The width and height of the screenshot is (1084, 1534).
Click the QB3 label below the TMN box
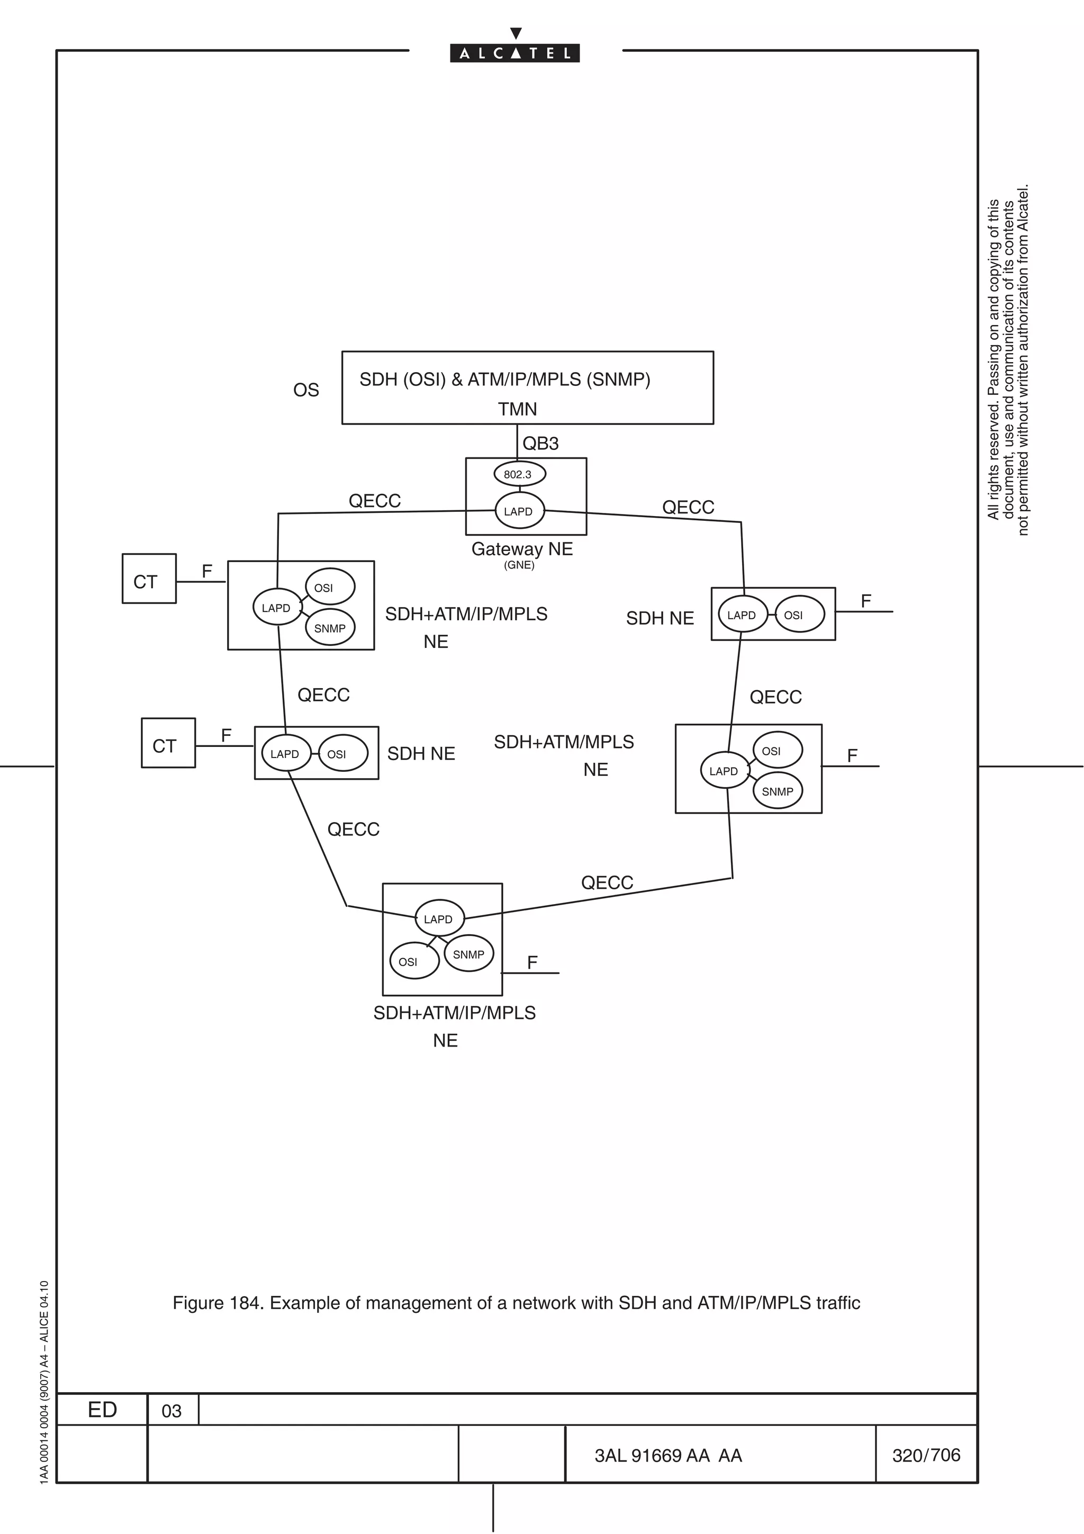tap(540, 444)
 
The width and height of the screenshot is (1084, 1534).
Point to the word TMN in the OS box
tap(517, 409)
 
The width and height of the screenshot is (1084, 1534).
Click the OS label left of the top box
tap(306, 390)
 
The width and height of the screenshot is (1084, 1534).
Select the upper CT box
tap(149, 579)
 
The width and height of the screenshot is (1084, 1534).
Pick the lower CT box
tap(168, 743)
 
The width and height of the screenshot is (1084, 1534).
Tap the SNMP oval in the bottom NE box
tap(469, 954)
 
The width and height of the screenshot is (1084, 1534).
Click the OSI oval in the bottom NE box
tap(414, 961)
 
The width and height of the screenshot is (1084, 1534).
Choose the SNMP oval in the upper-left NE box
tap(330, 628)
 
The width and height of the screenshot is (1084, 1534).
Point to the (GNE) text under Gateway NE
tap(519, 565)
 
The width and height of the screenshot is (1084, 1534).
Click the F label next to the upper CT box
tap(207, 571)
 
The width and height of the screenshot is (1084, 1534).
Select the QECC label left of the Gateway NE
tap(375, 501)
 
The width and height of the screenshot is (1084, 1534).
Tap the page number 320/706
tap(926, 1455)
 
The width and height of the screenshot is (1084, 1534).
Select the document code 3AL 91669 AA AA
tap(668, 1455)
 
